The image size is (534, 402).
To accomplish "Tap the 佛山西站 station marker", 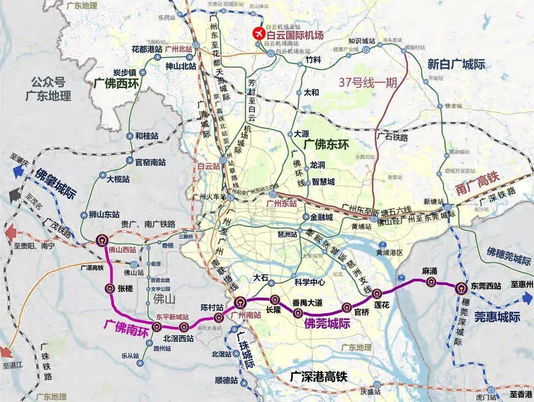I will [102, 240].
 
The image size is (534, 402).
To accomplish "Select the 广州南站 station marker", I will [240, 302].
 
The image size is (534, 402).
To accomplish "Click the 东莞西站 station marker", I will [460, 288].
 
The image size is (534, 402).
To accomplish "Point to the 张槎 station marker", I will [110, 288].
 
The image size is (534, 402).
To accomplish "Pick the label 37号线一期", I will [368, 83].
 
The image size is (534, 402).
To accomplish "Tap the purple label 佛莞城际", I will [327, 324].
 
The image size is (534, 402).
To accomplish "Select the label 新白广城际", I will [456, 64].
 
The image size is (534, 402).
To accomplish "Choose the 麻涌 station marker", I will [428, 281].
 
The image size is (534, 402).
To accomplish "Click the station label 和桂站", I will [146, 136].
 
